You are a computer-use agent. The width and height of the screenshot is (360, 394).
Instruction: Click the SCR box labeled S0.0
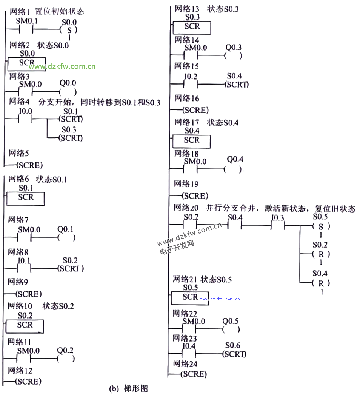click(27, 63)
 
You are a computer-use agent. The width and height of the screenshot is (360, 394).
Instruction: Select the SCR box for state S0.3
click(192, 27)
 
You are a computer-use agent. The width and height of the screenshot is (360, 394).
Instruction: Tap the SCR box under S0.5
click(190, 297)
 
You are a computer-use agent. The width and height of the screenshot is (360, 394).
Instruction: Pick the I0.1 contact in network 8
click(24, 269)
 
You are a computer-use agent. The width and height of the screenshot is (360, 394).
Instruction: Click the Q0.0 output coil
click(68, 92)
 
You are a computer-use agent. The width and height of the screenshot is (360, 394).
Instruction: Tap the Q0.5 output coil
click(231, 330)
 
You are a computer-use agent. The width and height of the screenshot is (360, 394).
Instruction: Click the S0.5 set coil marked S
click(321, 226)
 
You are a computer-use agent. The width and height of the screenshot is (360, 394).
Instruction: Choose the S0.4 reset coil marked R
click(321, 283)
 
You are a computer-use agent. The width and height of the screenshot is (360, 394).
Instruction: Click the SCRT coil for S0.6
click(234, 354)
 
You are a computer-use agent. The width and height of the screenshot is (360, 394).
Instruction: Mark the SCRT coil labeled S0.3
click(71, 138)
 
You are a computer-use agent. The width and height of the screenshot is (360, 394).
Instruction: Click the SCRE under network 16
click(195, 110)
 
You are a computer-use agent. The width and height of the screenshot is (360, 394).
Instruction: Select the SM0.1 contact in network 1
click(26, 29)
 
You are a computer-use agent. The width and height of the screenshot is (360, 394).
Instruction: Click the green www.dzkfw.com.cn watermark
click(63, 67)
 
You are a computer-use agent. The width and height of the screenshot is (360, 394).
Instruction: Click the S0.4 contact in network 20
click(234, 226)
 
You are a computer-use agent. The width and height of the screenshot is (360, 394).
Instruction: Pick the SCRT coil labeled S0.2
click(71, 269)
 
